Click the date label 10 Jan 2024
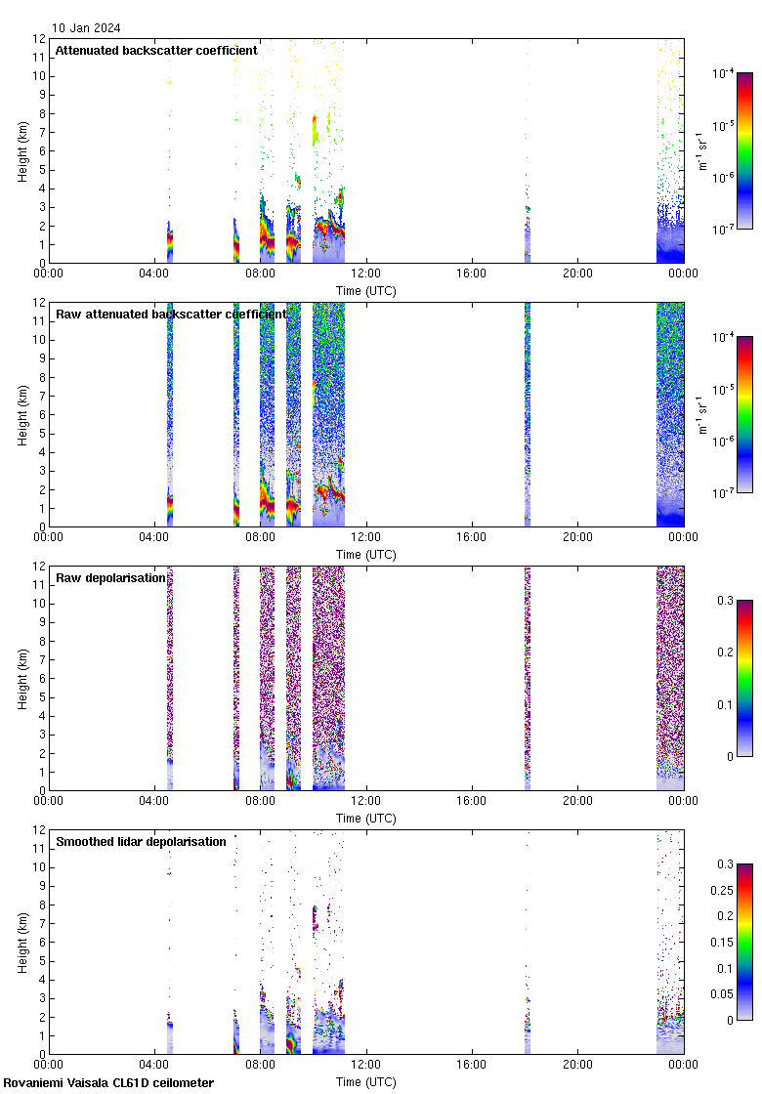[x=86, y=28]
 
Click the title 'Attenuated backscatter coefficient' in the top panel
[x=156, y=51]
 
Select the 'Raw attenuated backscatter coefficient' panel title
[x=171, y=315]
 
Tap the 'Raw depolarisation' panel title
[x=110, y=578]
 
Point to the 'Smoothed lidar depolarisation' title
[x=141, y=842]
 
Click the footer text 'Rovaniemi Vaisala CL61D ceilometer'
[x=108, y=1082]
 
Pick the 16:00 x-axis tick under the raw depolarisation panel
[x=472, y=802]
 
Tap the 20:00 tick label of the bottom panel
[x=577, y=1066]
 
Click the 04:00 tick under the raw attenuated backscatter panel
[x=154, y=538]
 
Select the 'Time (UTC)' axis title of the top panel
[x=366, y=290]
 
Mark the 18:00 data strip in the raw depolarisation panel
[x=528, y=678]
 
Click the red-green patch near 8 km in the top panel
[x=315, y=129]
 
